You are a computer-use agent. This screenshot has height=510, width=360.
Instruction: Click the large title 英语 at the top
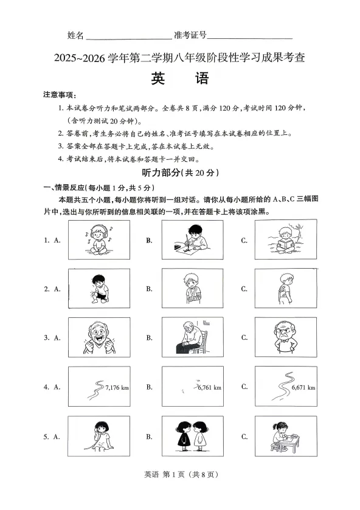click(180, 79)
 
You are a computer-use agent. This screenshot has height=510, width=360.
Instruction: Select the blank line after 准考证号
click(250, 36)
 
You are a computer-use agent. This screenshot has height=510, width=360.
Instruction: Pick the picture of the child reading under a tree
click(284, 239)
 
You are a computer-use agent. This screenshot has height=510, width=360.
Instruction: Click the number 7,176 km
click(117, 387)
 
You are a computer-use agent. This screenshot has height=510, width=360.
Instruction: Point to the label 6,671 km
click(303, 387)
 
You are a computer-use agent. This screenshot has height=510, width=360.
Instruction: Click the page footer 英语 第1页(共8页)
click(180, 491)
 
